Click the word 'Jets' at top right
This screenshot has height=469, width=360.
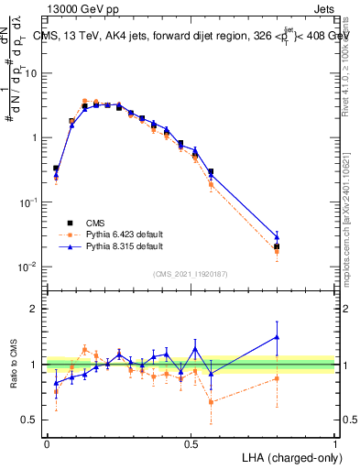322,7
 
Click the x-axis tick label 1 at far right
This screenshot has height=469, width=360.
335,442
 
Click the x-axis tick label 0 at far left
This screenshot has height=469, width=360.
46,442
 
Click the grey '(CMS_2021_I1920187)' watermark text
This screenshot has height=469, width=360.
191,273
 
